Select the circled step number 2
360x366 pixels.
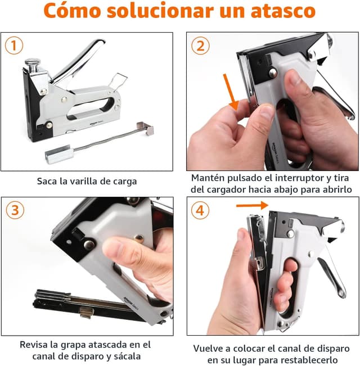200,46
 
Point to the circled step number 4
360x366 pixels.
200,210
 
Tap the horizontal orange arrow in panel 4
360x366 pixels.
251,205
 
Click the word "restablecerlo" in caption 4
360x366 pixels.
309,360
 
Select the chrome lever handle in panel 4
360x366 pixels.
332,264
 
